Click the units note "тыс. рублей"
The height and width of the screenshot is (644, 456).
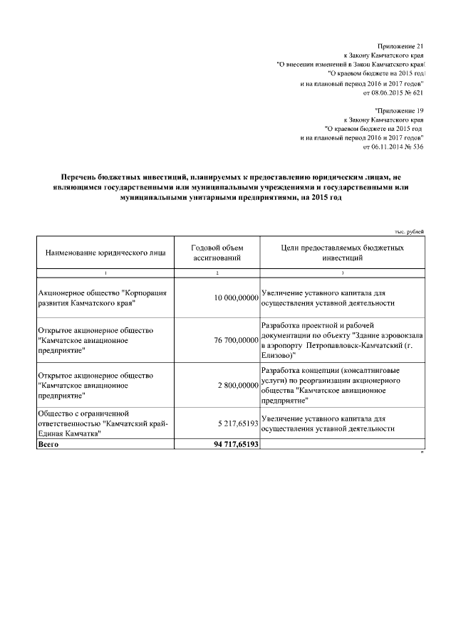coord(409,231)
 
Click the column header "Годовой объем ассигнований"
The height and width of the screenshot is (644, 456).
coord(217,253)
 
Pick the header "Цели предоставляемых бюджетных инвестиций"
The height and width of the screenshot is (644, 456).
coord(342,253)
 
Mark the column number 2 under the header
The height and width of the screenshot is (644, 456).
coord(217,273)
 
